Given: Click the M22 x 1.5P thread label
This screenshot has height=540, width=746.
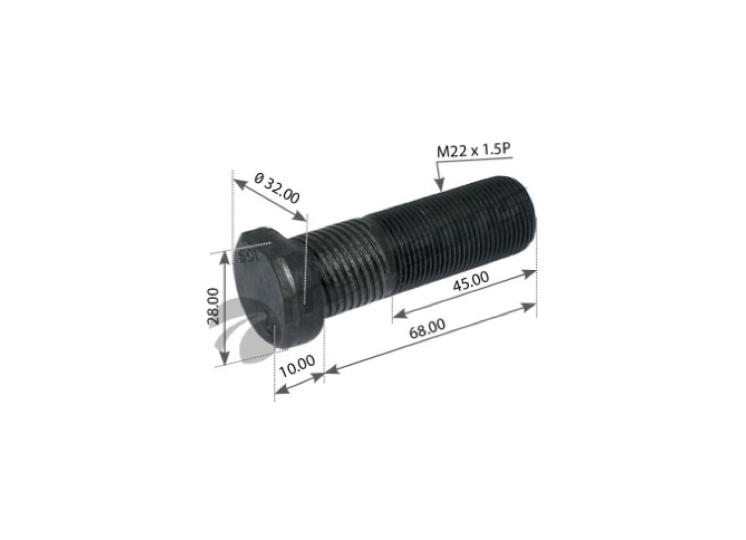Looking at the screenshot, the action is tap(474, 152).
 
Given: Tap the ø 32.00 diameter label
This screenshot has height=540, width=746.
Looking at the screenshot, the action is tap(277, 189).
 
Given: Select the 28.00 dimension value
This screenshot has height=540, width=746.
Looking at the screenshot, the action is tap(213, 306).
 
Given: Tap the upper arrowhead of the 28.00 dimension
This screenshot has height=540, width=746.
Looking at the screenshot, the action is tap(225, 258).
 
